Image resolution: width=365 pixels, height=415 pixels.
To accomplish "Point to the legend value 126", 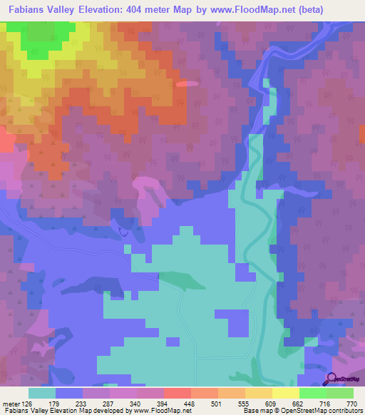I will [x=28, y=404].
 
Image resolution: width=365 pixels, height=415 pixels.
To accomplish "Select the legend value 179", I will [x=56, y=404].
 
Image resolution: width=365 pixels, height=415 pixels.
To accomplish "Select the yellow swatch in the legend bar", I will [x=286, y=393].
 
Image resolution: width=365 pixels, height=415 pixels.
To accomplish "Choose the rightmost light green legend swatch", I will [x=340, y=393].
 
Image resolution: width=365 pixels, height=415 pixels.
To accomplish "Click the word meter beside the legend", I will [x=11, y=404].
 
